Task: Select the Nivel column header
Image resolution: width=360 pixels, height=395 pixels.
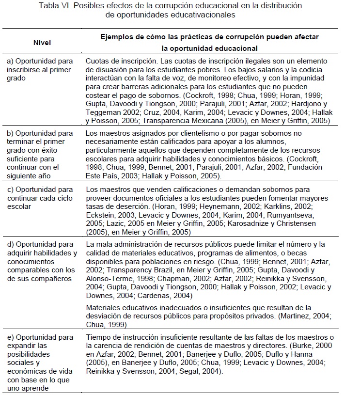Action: pos(42,43)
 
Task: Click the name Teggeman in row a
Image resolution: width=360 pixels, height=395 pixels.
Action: pos(106,112)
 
